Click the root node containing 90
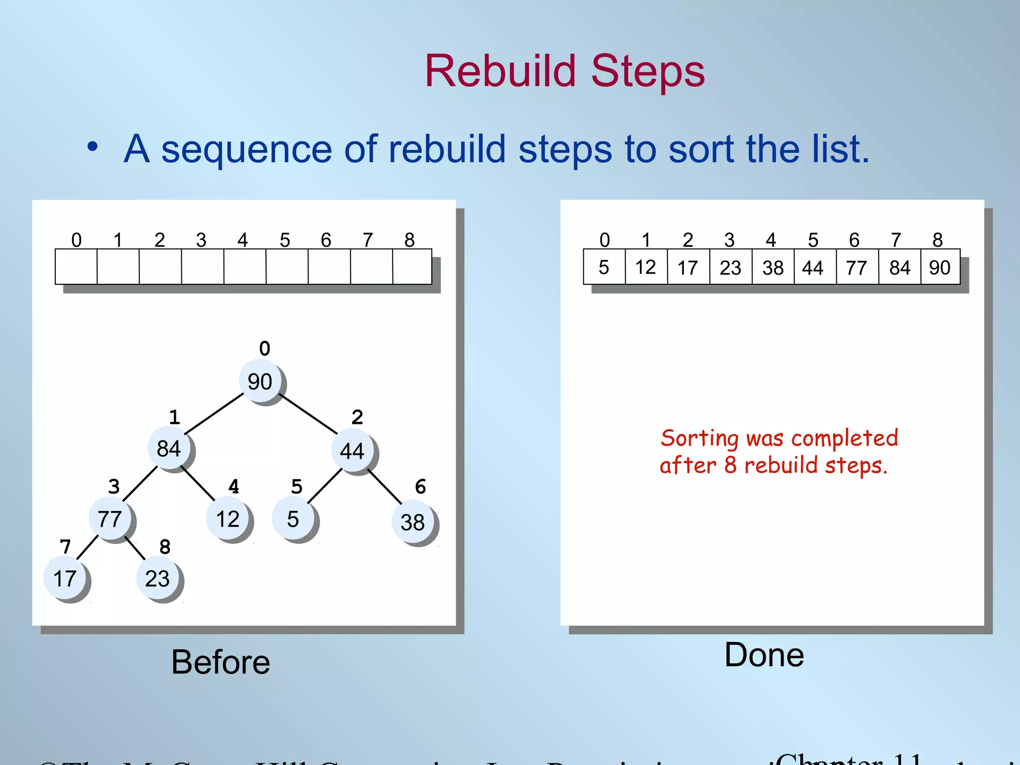click(x=259, y=382)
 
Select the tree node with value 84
click(x=169, y=449)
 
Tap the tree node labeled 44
click(x=352, y=451)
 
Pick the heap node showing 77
click(x=110, y=519)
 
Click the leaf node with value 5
click(x=293, y=519)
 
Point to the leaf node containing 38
click(x=412, y=522)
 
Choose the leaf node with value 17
click(x=65, y=579)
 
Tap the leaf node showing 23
click(x=157, y=579)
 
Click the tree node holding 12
click(x=228, y=519)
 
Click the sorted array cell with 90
click(x=940, y=267)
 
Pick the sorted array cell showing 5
click(x=604, y=267)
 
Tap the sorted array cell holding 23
click(x=730, y=267)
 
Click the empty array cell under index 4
click(x=245, y=267)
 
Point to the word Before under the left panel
click(x=221, y=662)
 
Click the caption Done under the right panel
click(x=764, y=655)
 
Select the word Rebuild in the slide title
click(x=500, y=71)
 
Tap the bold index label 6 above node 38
click(x=420, y=487)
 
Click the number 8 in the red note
click(x=730, y=465)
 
